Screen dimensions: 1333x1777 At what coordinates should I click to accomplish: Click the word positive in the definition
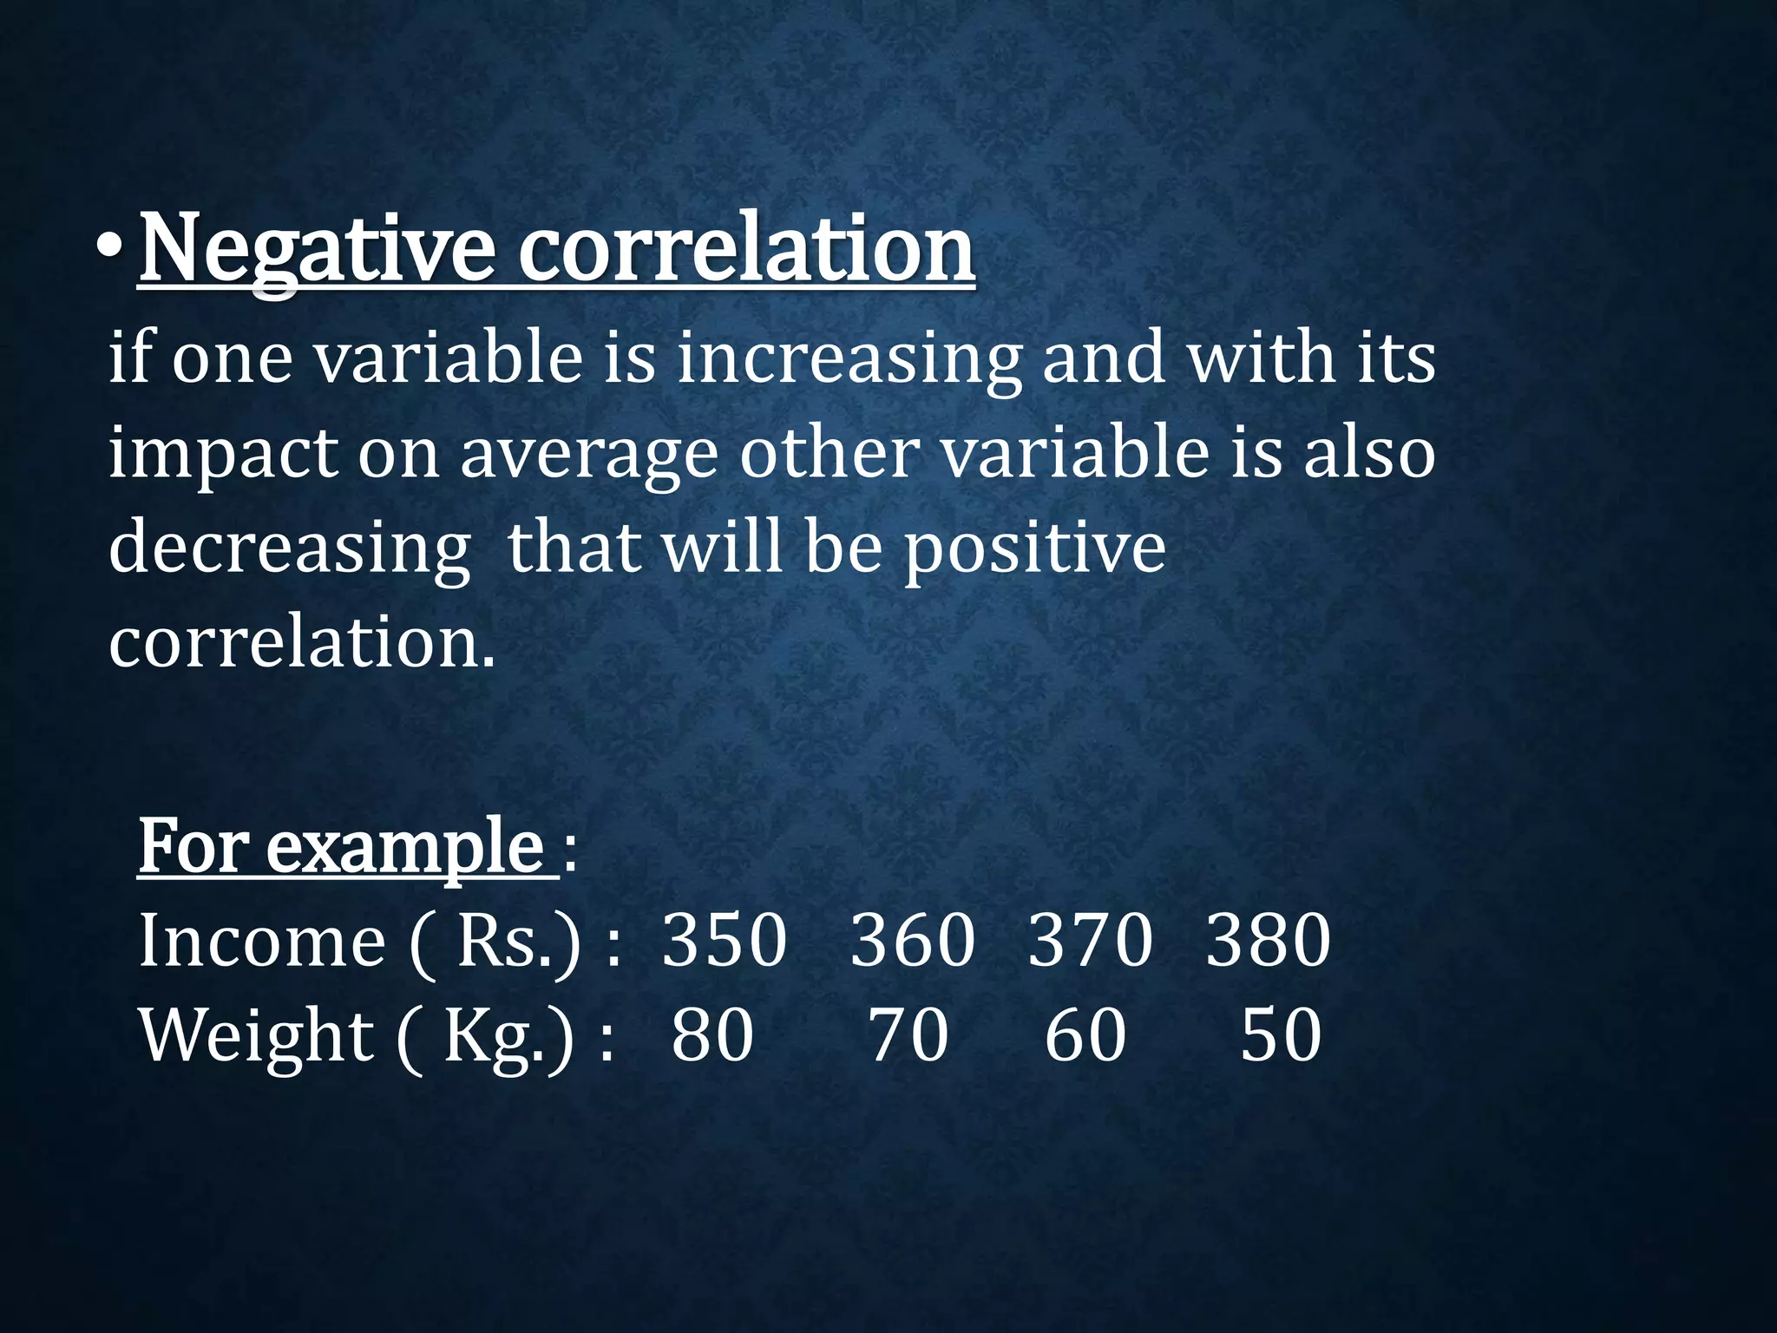point(1035,549)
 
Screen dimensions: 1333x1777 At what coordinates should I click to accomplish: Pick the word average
point(589,454)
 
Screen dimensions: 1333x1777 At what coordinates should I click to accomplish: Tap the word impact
point(222,454)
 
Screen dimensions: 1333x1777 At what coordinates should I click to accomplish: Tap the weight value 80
point(712,1035)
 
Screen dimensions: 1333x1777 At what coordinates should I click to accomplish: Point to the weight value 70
point(908,1035)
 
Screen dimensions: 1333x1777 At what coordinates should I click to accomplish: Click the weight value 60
point(1085,1035)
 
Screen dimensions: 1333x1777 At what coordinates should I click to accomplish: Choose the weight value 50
point(1281,1035)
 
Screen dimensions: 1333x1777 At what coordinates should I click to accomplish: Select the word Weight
point(257,1035)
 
